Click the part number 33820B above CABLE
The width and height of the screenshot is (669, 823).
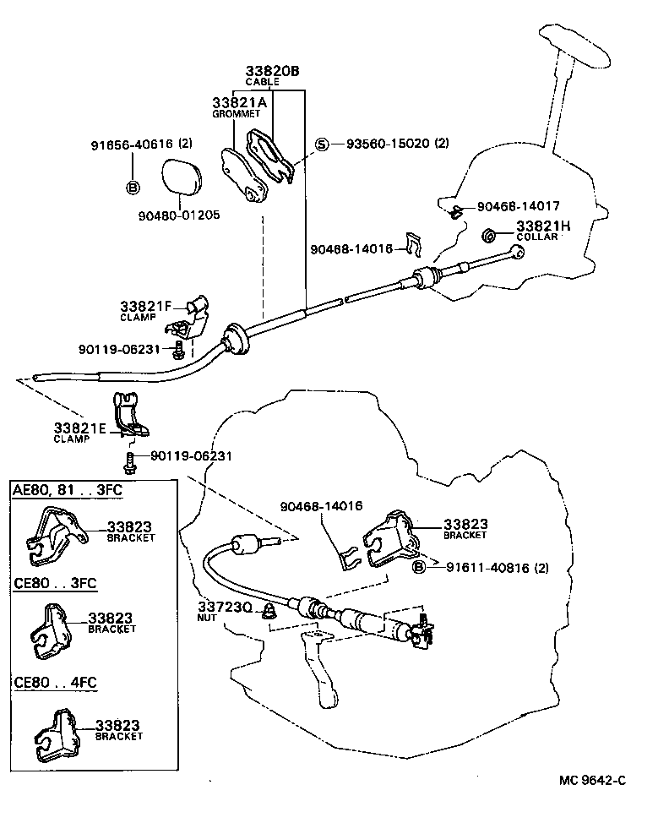(272, 71)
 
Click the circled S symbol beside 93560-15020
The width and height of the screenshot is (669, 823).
(322, 144)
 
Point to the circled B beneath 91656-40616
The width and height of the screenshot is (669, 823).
(133, 188)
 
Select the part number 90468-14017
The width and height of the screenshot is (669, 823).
(518, 205)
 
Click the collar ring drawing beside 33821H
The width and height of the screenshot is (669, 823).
(489, 234)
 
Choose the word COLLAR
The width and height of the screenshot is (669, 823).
(537, 237)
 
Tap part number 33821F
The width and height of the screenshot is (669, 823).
(145, 306)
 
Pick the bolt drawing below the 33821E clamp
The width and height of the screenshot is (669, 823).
(130, 461)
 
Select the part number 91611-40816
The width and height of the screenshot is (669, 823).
(480, 568)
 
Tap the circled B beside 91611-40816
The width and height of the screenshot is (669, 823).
(418, 568)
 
